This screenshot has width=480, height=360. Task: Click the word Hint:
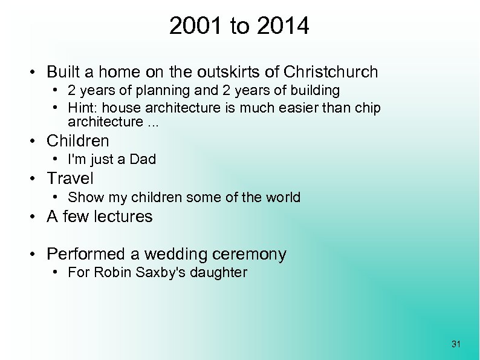point(82,108)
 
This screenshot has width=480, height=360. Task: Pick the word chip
point(368,108)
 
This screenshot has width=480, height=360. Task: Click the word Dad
point(143,160)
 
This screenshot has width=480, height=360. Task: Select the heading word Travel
point(70,178)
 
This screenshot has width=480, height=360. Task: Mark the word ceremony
point(256,254)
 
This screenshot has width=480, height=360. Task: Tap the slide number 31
point(456,344)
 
